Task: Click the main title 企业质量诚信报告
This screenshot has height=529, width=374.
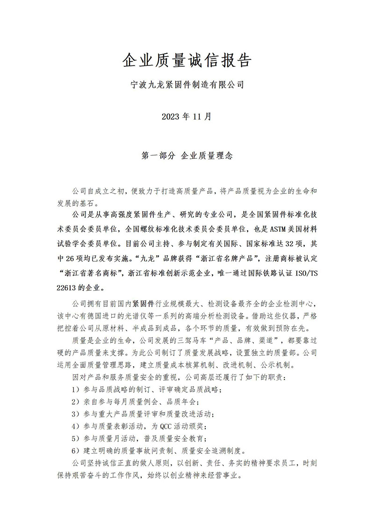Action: (187, 60)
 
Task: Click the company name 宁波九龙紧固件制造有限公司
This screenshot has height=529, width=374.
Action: (187, 85)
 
